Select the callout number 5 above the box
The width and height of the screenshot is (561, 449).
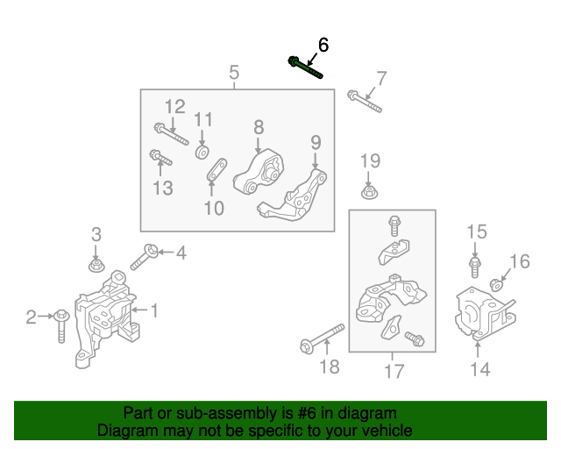[x=234, y=73]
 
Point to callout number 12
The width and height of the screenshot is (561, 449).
[x=175, y=107]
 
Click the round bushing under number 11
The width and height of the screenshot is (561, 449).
[x=202, y=153]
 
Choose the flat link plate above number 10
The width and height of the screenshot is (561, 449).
[x=217, y=172]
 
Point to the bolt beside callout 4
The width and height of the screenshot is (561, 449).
[x=145, y=258]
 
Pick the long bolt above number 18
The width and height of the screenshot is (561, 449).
[x=320, y=338]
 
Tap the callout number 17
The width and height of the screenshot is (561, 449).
[x=394, y=371]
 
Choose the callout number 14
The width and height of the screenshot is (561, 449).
[x=479, y=369]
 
